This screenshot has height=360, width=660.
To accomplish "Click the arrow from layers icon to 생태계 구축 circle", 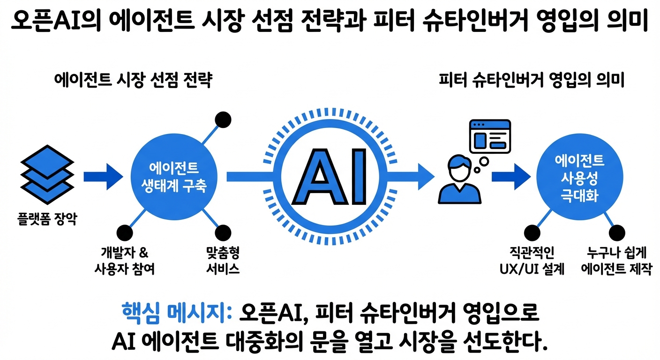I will tap(103, 176).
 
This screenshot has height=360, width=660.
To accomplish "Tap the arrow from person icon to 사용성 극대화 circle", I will tap(511, 176).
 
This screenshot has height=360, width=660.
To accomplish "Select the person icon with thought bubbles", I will tap(457, 180).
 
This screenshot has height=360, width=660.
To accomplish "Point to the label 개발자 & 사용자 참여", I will tap(124, 261).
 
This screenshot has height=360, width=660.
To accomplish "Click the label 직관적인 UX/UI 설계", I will tap(531, 261).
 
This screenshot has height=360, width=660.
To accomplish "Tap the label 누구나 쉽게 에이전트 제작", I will tap(616, 261).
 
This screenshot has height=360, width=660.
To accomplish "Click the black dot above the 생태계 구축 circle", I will tap(223, 120).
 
